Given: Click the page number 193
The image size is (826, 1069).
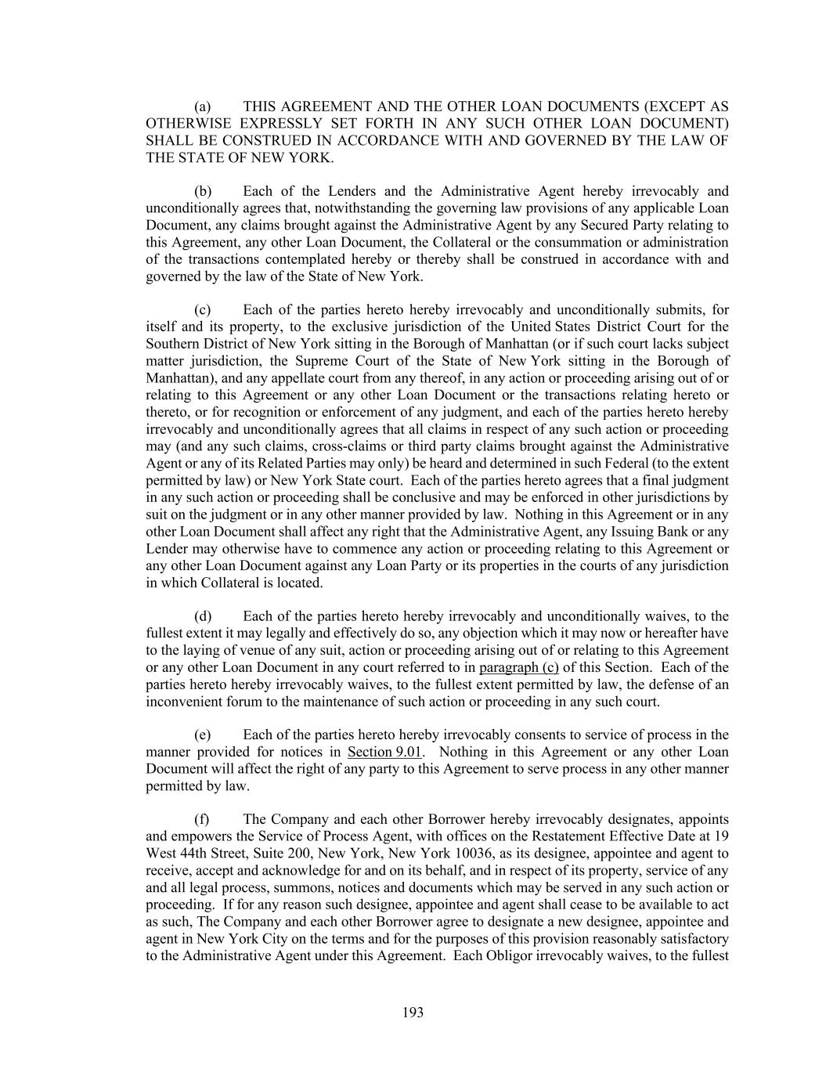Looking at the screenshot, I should tap(413, 1013).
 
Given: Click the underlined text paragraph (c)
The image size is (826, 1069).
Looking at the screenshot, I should tap(518, 668).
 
